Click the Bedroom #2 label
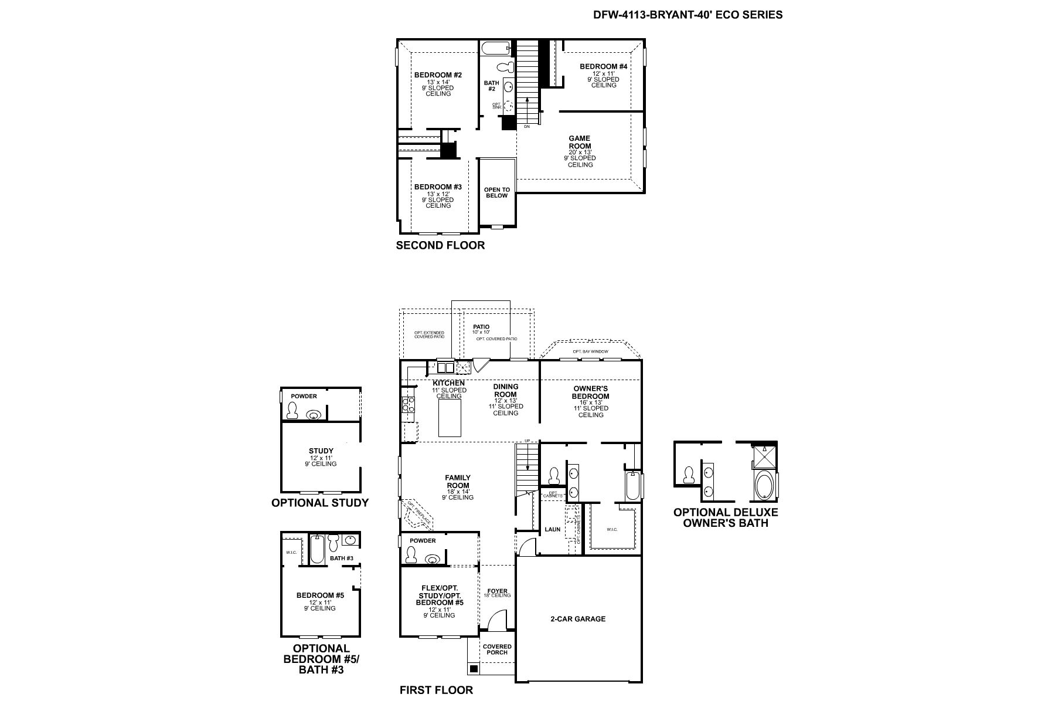(438, 75)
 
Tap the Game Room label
(580, 143)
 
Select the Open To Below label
(496, 192)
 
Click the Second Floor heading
(440, 245)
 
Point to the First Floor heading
(436, 690)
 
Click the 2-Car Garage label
(577, 619)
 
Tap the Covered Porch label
(497, 649)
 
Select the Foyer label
(498, 591)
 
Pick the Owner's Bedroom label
(590, 392)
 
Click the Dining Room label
(505, 390)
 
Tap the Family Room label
(458, 482)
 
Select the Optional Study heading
(320, 503)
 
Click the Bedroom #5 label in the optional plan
(320, 595)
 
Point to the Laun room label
(552, 529)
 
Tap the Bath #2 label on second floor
(491, 86)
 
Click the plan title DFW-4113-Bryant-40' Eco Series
(688, 15)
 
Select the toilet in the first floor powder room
(411, 554)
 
